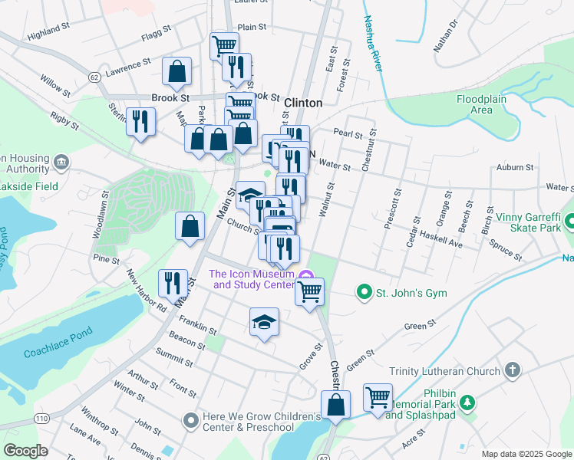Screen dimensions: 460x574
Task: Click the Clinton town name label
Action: click(x=303, y=102)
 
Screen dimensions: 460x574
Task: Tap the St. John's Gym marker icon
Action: click(x=365, y=292)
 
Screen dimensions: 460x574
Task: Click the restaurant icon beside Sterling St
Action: click(x=140, y=123)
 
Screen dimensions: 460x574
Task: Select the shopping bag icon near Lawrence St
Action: click(x=176, y=73)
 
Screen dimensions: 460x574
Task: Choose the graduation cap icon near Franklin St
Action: click(x=263, y=321)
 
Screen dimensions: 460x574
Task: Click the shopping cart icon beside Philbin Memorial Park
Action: click(x=378, y=398)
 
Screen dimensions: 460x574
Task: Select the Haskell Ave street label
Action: click(x=445, y=243)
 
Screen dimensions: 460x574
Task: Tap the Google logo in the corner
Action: click(x=25, y=451)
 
